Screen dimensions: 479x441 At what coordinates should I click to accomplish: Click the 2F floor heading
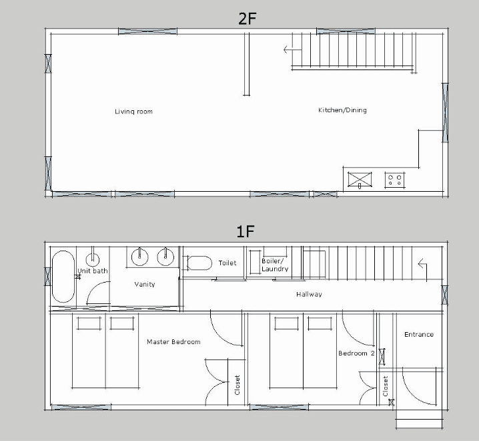[247, 19]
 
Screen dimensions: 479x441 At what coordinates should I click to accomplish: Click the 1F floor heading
[246, 231]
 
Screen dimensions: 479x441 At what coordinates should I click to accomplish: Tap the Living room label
[133, 112]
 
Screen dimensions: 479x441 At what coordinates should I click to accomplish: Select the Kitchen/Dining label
[342, 110]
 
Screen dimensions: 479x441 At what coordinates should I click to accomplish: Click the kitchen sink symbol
[360, 179]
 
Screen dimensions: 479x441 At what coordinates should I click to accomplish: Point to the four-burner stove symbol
[395, 180]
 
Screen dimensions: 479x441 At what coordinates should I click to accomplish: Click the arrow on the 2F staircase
[292, 49]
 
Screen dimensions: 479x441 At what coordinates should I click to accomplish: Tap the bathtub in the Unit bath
[63, 277]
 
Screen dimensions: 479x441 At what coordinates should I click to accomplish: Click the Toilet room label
[227, 263]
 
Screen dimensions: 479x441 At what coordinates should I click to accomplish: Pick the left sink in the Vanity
[140, 257]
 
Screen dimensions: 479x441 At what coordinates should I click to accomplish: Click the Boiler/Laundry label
[275, 265]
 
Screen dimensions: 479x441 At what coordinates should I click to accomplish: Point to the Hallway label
[309, 295]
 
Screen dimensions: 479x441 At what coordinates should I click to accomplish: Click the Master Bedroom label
[173, 342]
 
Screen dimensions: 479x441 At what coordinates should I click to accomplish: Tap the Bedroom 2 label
[356, 353]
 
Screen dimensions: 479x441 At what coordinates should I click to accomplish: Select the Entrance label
[419, 335]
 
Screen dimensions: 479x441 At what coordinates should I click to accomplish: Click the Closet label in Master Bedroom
[237, 385]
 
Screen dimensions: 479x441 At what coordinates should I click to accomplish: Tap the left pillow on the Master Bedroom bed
[89, 323]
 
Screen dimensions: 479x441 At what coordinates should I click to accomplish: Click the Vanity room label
[145, 284]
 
